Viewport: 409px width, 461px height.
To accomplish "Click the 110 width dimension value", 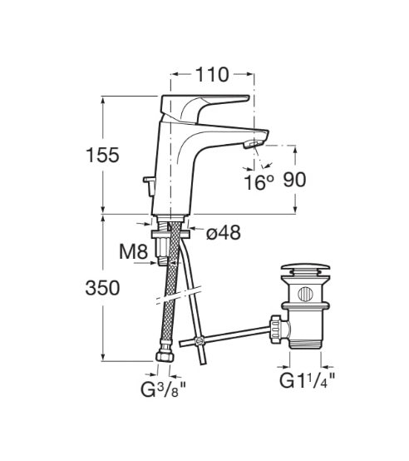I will tap(211, 75).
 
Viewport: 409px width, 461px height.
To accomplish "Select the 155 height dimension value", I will tap(102, 155).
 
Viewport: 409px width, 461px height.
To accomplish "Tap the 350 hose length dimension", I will tap(102, 288).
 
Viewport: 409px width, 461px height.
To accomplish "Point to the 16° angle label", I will tap(258, 181).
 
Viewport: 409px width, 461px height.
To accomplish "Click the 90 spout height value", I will tap(296, 181).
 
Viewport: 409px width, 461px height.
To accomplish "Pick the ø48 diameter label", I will tap(222, 234).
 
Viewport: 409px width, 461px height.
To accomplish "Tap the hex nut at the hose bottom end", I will tap(163, 355).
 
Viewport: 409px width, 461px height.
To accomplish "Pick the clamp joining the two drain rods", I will tap(199, 341).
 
